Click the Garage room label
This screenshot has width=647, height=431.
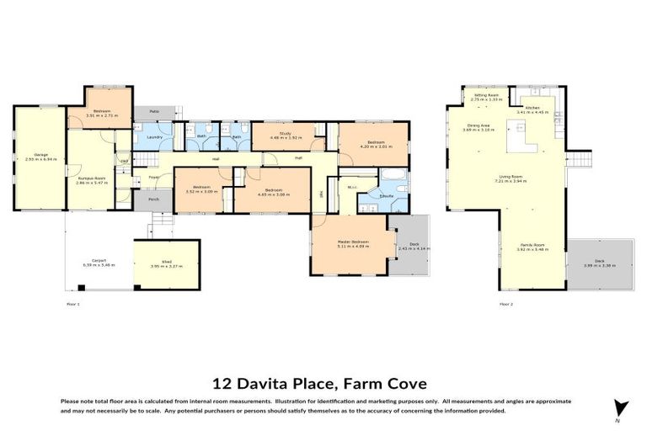[40, 155]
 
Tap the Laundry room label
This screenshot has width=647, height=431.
[154, 136]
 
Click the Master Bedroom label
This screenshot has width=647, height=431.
[352, 242]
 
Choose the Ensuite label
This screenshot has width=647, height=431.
[387, 195]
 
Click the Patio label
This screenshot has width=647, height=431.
[154, 111]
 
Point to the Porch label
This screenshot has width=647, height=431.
[154, 200]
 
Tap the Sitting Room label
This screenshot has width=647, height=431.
[487, 96]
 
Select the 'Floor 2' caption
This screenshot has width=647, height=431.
[505, 303]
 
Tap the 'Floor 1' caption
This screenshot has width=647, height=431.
[72, 303]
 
